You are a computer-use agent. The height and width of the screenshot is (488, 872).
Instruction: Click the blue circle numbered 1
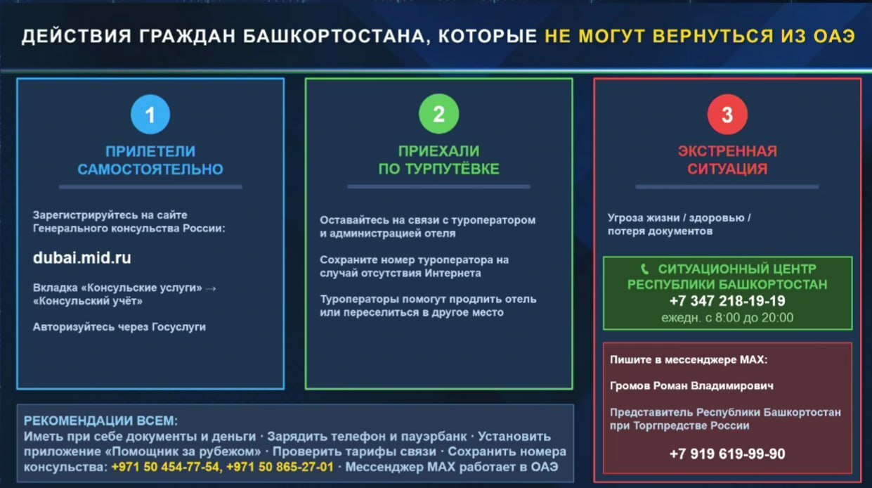click(150, 114)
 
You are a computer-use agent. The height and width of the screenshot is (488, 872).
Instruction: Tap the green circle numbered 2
click(438, 114)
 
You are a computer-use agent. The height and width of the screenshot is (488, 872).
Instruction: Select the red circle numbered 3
click(727, 114)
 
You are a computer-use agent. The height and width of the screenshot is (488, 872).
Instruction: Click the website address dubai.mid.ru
click(82, 258)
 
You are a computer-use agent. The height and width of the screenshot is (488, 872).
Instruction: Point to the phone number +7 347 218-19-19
click(727, 301)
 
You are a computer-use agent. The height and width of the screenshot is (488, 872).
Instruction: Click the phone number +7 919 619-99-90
click(727, 454)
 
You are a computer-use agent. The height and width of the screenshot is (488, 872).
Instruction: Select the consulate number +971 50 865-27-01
click(280, 466)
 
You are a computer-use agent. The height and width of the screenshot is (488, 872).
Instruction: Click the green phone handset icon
click(645, 269)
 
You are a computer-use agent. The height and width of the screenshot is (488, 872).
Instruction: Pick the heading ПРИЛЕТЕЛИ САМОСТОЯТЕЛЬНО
click(150, 160)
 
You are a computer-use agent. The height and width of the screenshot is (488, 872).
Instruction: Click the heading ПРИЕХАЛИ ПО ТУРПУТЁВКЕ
click(438, 160)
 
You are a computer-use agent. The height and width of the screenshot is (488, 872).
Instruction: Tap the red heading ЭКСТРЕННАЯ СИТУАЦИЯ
click(727, 160)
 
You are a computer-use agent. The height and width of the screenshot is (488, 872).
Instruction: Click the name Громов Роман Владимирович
click(691, 386)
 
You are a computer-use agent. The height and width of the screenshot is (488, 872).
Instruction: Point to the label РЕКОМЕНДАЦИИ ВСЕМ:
click(101, 421)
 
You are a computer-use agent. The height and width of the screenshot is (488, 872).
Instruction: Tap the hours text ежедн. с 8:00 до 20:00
click(727, 318)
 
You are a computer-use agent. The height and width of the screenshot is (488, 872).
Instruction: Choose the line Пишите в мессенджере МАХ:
click(689, 359)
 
